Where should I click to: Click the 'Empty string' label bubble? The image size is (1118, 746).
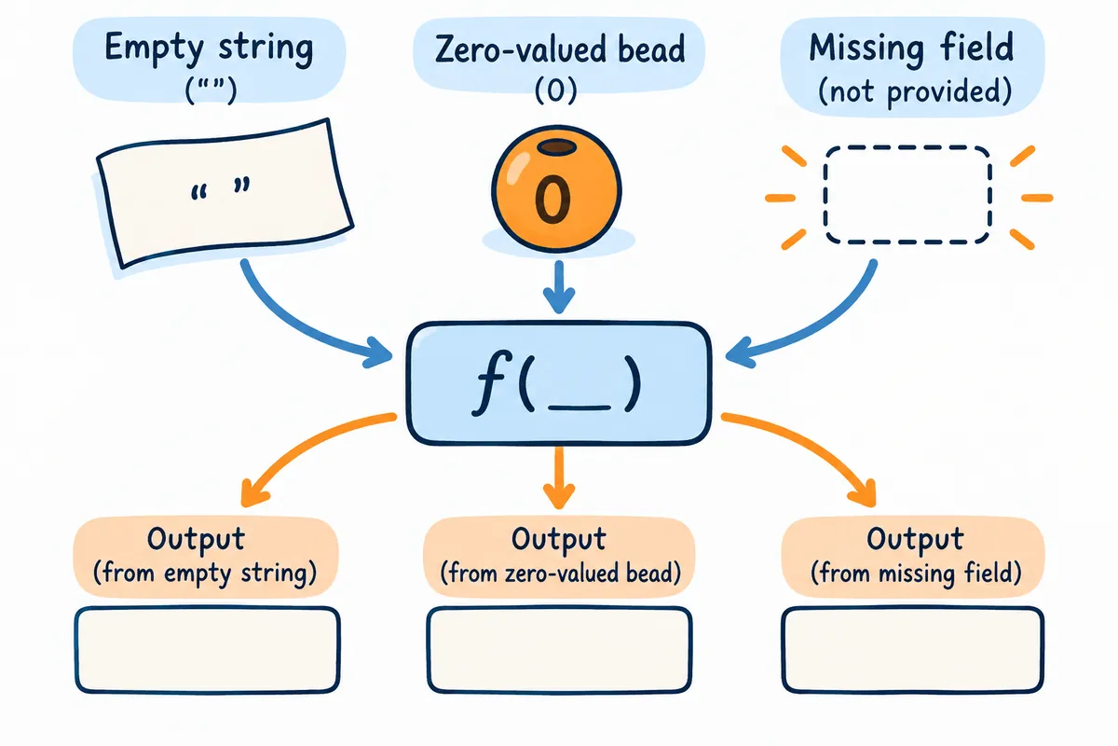(x=210, y=60)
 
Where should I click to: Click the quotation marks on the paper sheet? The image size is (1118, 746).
(x=220, y=189)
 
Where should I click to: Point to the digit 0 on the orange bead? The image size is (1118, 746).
(x=553, y=199)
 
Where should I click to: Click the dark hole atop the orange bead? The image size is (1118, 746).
(x=557, y=147)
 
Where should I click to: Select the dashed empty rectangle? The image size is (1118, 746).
(x=907, y=195)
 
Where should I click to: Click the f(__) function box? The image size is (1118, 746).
(x=559, y=383)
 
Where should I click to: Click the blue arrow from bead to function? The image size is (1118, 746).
(x=559, y=287)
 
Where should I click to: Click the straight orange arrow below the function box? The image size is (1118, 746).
(x=559, y=477)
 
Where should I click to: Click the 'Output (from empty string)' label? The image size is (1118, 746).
(x=206, y=557)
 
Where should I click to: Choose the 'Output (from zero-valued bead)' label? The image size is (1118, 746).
(x=559, y=557)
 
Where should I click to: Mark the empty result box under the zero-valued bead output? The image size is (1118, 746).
(x=559, y=650)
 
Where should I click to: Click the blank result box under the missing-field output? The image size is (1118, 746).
(x=913, y=650)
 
